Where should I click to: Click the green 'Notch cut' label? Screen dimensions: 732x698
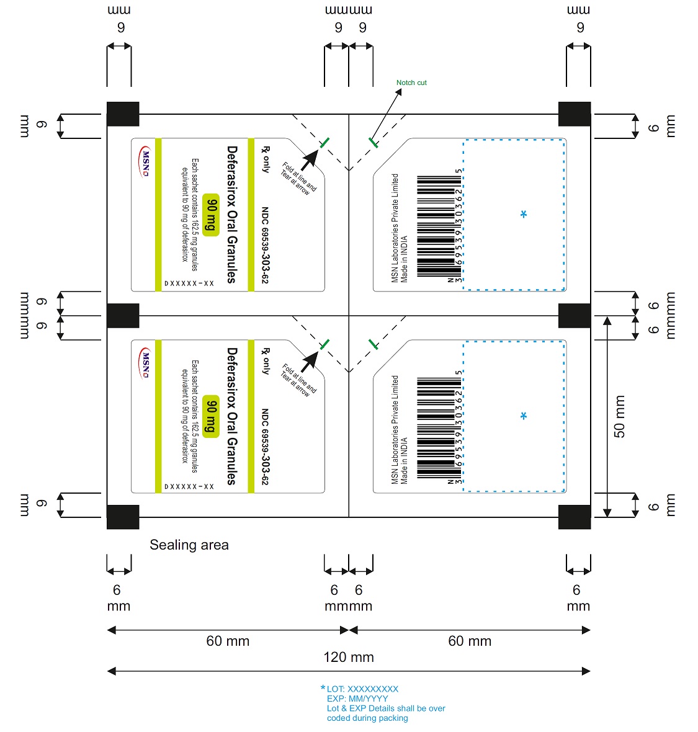(x=411, y=83)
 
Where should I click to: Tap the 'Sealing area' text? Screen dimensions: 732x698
(x=189, y=545)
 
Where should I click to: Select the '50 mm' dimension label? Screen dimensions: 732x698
(x=620, y=416)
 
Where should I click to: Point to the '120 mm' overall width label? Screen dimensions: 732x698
(x=349, y=657)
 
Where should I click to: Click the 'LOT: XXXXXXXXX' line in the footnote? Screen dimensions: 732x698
(x=362, y=689)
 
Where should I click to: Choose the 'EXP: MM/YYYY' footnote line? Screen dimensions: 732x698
(x=357, y=699)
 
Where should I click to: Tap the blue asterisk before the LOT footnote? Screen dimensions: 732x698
(x=323, y=688)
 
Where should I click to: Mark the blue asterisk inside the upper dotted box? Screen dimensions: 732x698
(x=524, y=214)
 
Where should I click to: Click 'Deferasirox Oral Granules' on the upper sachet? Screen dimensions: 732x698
(x=232, y=214)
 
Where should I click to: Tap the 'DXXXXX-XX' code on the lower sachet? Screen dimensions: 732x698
(x=189, y=486)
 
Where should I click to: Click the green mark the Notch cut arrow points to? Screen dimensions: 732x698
(x=373, y=143)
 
